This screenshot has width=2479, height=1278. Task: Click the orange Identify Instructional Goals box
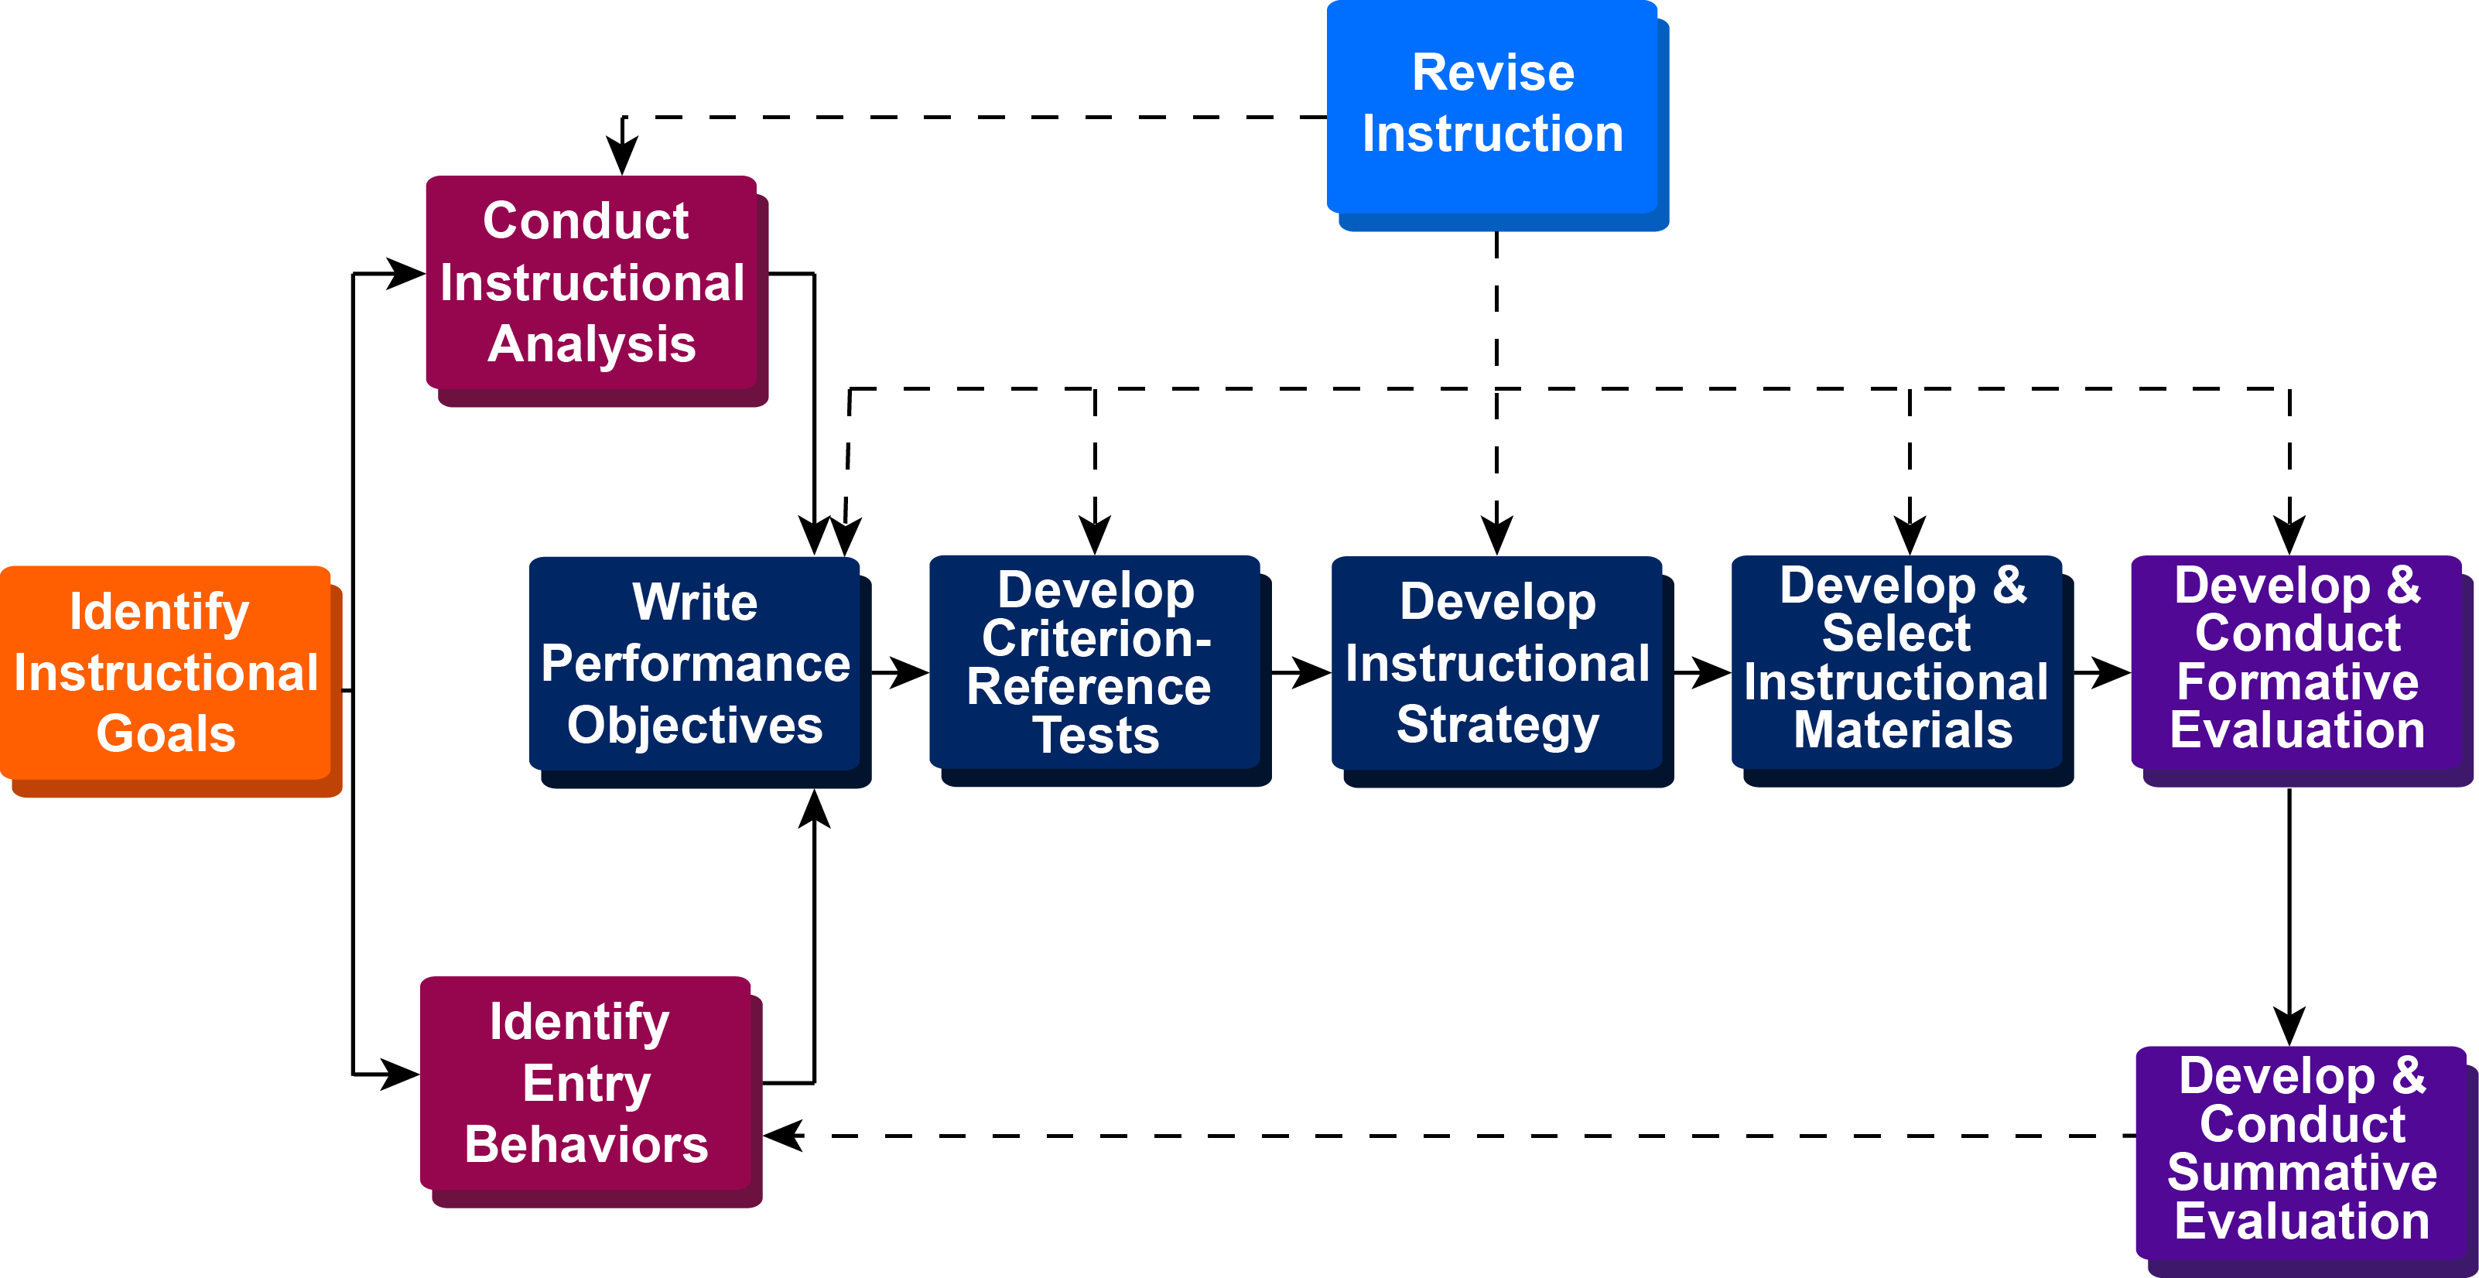coord(166,673)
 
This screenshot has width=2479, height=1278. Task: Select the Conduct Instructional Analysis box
coord(591,282)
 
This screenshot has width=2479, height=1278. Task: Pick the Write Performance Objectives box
coord(694,663)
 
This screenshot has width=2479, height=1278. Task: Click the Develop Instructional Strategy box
coord(1496,663)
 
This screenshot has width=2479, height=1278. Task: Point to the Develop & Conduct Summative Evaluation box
coord(2300,1152)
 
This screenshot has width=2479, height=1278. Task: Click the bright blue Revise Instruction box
coord(1492,106)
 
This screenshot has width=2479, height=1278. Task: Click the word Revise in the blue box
coord(1493,73)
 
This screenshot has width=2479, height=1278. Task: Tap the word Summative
coord(2301,1173)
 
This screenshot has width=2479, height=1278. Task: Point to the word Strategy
coord(1497,725)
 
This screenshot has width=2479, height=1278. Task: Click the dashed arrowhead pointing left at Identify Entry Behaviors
coord(785,1136)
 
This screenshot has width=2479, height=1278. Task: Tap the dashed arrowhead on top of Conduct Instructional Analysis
coord(623,156)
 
